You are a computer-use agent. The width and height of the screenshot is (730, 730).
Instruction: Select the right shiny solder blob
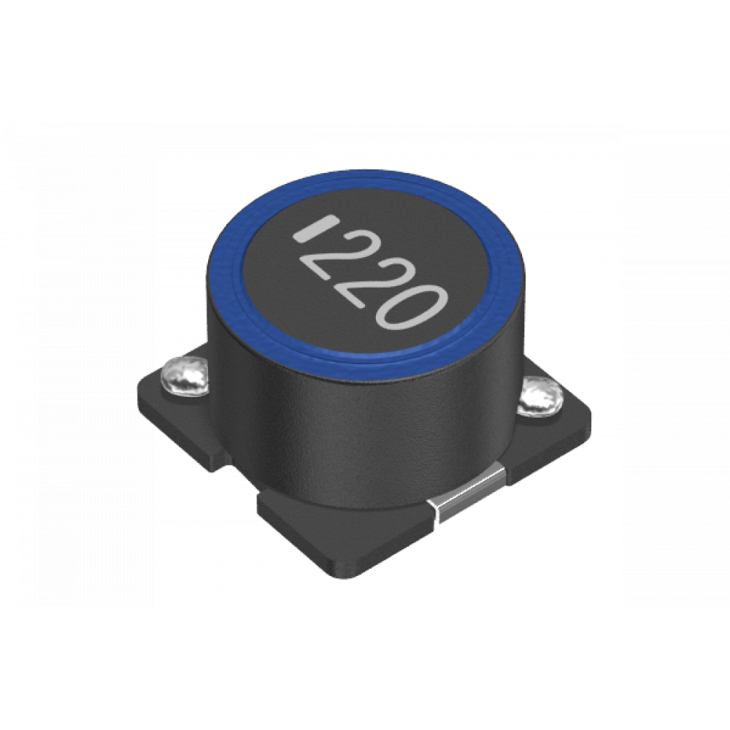pyautogui.click(x=541, y=396)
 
